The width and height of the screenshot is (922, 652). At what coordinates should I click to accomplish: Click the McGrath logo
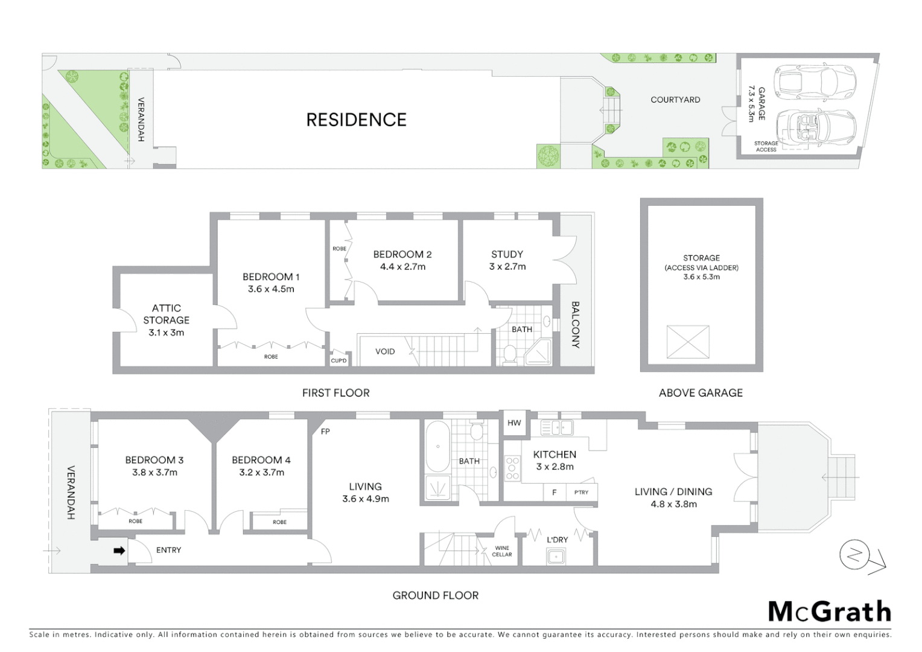(x=830, y=612)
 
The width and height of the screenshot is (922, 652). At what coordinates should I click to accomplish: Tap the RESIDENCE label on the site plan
(x=356, y=120)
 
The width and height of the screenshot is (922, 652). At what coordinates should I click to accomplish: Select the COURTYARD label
(x=675, y=100)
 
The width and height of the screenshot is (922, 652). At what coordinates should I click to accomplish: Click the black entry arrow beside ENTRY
(x=119, y=551)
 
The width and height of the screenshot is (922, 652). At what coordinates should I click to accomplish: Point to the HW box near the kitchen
(x=514, y=423)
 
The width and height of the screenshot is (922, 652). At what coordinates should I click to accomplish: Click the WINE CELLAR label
(x=502, y=551)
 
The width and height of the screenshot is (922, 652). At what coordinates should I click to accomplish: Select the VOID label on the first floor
(x=385, y=351)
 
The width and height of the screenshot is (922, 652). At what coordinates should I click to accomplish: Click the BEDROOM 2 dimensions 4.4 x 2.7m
(x=402, y=267)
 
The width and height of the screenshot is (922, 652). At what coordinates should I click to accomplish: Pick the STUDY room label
(x=507, y=254)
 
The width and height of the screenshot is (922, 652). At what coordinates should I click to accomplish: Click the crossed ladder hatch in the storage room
(x=687, y=342)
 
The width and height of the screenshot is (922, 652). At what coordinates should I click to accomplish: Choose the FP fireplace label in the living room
(x=325, y=432)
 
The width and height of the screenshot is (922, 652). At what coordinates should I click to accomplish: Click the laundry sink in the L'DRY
(x=556, y=556)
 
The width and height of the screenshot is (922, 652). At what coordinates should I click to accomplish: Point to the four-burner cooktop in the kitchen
(x=512, y=468)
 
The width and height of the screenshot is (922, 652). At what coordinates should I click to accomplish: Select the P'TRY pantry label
(x=581, y=493)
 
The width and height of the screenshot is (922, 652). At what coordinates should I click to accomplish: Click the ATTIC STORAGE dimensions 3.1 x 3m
(x=167, y=333)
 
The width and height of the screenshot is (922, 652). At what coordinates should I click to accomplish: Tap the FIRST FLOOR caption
(x=335, y=393)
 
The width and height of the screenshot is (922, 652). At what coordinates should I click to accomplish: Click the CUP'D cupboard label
(x=339, y=360)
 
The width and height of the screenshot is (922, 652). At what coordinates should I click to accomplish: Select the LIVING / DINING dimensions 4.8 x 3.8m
(x=673, y=504)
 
